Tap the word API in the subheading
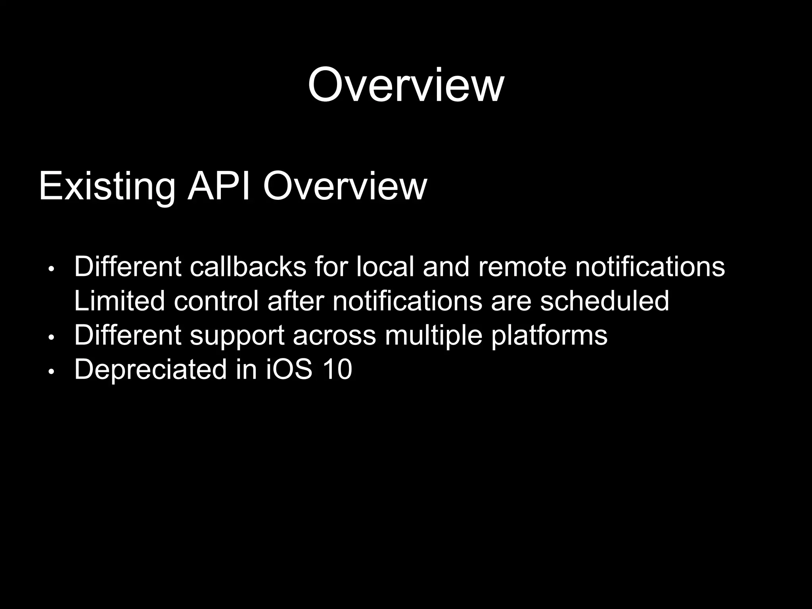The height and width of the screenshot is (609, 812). tap(218, 186)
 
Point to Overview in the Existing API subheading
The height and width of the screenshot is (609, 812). tap(345, 186)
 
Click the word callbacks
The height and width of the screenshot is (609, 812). tap(248, 267)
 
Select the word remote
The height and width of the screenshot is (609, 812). tap(522, 267)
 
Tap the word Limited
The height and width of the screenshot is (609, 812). tap(119, 301)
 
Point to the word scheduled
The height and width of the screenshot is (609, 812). tap(604, 301)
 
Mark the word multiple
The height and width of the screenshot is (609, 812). tap(433, 335)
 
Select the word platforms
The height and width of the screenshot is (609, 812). tap(549, 335)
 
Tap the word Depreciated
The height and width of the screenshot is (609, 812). tap(150, 370)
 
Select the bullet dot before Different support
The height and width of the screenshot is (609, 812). tap(50, 338)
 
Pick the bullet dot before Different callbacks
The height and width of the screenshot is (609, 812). tap(50, 269)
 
